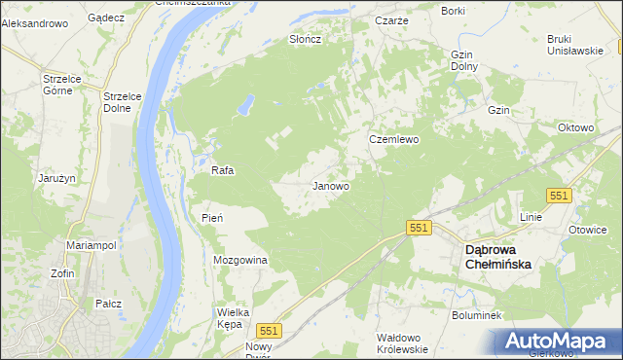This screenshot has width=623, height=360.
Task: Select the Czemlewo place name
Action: [393, 139]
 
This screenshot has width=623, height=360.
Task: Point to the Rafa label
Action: [223, 170]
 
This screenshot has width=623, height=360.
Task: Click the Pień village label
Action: [212, 218]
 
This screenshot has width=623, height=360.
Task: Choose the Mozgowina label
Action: [239, 261]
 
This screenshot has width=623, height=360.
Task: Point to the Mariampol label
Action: [92, 246]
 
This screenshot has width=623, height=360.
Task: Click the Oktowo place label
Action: [574, 127]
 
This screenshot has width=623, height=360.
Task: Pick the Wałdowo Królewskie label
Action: [402, 342]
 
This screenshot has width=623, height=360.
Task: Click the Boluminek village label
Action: [476, 315]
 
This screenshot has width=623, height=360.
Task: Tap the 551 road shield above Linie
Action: [558, 196]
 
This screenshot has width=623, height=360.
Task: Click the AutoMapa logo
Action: [558, 341]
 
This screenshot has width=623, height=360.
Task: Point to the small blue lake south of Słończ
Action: [248, 102]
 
